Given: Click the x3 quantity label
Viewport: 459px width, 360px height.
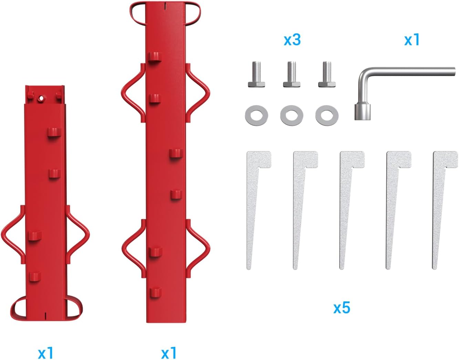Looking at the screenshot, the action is pyautogui.click(x=292, y=40).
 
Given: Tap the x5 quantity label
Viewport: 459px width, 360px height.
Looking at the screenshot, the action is pyautogui.click(x=342, y=308).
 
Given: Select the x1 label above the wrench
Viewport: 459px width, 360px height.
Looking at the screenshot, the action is pyautogui.click(x=412, y=40).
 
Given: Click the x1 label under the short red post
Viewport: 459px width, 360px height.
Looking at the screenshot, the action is pyautogui.click(x=45, y=353).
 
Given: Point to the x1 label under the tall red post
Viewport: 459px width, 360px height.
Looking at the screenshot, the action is pyautogui.click(x=169, y=353).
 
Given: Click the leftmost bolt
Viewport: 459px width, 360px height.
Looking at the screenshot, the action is pyautogui.click(x=257, y=74).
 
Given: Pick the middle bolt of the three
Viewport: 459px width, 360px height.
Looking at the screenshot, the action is pyautogui.click(x=292, y=74).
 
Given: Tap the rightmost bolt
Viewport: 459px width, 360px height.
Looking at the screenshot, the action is pyautogui.click(x=327, y=74).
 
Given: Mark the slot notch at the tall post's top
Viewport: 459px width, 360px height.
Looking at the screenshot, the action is pyautogui.click(x=166, y=6).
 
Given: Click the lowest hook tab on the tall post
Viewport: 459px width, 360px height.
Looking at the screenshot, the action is pyautogui.click(x=156, y=292).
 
